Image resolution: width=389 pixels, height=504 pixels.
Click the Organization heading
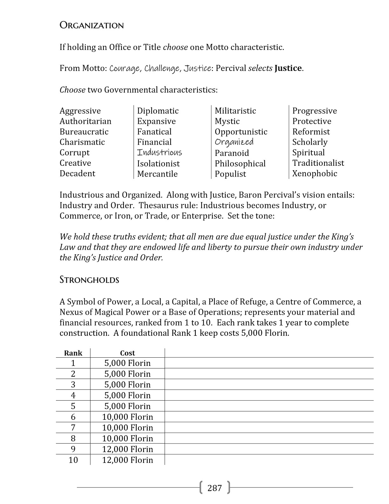pyautogui.click(x=92, y=25)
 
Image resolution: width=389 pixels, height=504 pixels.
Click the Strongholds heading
pyautogui.click(x=89, y=280)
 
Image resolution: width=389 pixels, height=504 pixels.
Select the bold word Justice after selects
pyautogui.click(x=288, y=68)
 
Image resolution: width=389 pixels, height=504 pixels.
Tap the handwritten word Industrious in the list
pyautogui.click(x=160, y=152)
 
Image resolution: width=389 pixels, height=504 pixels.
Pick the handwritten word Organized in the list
pyautogui.click(x=234, y=142)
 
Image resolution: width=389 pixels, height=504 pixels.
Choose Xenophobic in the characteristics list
pyautogui.click(x=315, y=173)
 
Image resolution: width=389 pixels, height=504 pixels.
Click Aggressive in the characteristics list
pyautogui.click(x=80, y=111)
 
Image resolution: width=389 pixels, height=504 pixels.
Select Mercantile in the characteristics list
pyautogui.click(x=157, y=174)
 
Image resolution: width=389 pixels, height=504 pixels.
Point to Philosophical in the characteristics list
pyautogui.click(x=240, y=163)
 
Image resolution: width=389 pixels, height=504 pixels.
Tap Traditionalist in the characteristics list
pyautogui.click(x=318, y=163)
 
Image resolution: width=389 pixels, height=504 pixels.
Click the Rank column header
pyautogui.click(x=73, y=353)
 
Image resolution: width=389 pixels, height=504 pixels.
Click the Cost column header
pyautogui.click(x=127, y=353)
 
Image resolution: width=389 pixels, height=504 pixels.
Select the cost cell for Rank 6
pyautogui.click(x=127, y=417)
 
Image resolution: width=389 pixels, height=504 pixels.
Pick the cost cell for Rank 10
pyautogui.click(x=127, y=460)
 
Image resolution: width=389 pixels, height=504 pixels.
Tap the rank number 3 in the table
pyautogui.click(x=73, y=385)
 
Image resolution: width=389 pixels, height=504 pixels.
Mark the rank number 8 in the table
pyautogui.click(x=73, y=438)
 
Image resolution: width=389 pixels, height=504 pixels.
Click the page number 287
pyautogui.click(x=215, y=488)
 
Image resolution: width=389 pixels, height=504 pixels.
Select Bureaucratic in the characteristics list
pyautogui.click(x=84, y=132)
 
